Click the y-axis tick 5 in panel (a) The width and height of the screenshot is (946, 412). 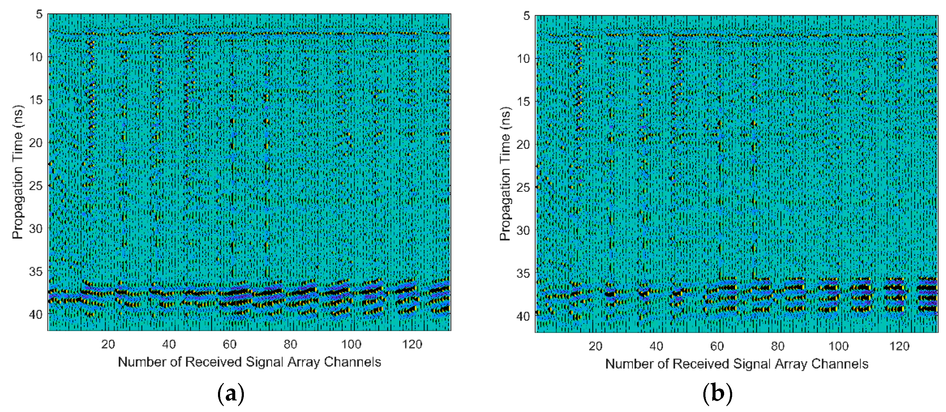pos(39,14)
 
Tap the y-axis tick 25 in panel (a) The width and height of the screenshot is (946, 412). pos(36,186)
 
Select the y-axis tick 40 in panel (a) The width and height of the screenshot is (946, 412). pos(36,314)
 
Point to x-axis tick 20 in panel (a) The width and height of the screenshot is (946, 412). pos(108,344)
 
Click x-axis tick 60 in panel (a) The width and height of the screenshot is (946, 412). pos(230,344)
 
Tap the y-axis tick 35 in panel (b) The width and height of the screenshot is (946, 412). pos(523,273)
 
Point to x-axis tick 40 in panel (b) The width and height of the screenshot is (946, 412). pos(656,346)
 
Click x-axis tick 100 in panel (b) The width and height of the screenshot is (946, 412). pos(838,346)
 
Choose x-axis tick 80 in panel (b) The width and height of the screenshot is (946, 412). pos(778,346)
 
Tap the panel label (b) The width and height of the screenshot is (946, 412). pos(717,394)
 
